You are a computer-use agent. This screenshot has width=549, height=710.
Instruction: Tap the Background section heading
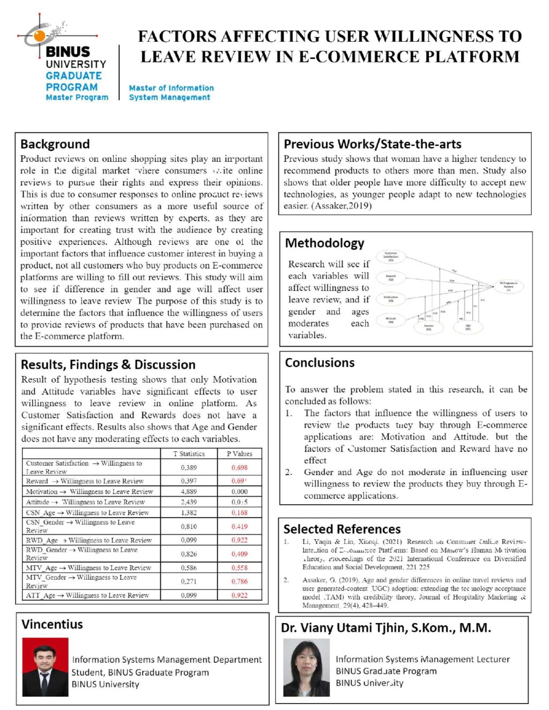click(x=55, y=144)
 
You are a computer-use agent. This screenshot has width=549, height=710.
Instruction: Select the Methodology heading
click(x=324, y=243)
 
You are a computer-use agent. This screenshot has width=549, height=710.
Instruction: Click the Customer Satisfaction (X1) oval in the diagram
click(x=391, y=257)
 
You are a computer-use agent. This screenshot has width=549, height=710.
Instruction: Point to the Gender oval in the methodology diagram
click(x=428, y=327)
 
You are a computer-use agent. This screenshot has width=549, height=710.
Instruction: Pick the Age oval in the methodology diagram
click(x=468, y=327)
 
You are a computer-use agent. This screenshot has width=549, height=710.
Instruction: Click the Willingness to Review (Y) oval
click(x=508, y=286)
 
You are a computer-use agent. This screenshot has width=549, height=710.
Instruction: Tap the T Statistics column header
click(x=189, y=454)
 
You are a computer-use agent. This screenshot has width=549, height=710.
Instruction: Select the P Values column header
click(x=239, y=454)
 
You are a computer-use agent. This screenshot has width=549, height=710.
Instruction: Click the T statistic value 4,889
click(x=189, y=491)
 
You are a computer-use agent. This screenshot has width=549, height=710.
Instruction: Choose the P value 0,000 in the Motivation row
click(x=239, y=491)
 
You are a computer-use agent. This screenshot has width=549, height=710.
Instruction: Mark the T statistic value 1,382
click(x=189, y=513)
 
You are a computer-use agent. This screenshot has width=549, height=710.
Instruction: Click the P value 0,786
click(x=239, y=581)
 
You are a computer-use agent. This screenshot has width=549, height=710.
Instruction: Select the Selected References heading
click(x=342, y=529)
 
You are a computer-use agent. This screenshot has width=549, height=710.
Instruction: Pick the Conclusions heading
click(x=320, y=363)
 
